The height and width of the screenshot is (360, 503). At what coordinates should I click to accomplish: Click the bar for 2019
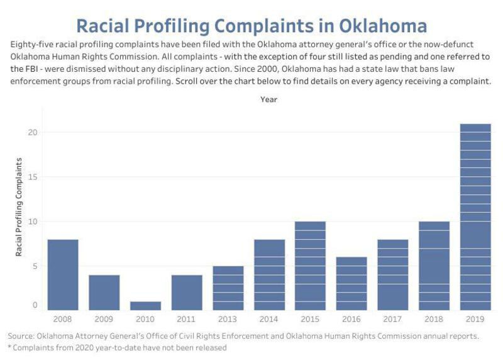pyautogui.click(x=475, y=217)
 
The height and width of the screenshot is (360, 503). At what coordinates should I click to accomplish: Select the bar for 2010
pyautogui.click(x=145, y=306)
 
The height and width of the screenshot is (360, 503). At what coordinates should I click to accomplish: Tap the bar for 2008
pyautogui.click(x=63, y=275)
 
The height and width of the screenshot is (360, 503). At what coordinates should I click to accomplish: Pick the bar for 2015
pyautogui.click(x=310, y=266)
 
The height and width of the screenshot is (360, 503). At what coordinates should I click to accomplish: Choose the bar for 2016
pyautogui.click(x=351, y=284)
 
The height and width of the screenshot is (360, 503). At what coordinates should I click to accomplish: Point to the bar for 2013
pyautogui.click(x=228, y=288)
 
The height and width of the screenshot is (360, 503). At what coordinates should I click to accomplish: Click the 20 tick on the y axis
pyautogui.click(x=33, y=132)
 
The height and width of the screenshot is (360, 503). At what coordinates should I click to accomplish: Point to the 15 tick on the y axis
pyautogui.click(x=33, y=177)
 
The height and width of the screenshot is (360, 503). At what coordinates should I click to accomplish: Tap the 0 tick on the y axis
pyautogui.click(x=35, y=305)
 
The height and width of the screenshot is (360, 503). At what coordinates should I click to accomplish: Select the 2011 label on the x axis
pyautogui.click(x=186, y=319)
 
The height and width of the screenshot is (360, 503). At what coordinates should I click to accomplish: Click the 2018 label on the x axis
pyautogui.click(x=434, y=319)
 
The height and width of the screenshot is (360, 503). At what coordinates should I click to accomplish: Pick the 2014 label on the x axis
pyautogui.click(x=268, y=319)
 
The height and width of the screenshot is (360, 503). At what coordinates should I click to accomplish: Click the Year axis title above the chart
pyautogui.click(x=269, y=99)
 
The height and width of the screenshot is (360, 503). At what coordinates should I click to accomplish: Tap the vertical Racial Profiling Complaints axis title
pyautogui.click(x=19, y=207)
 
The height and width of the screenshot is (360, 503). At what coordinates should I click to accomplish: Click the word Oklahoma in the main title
pyautogui.click(x=383, y=26)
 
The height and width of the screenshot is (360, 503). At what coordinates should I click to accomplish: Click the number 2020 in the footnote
pyautogui.click(x=84, y=348)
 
